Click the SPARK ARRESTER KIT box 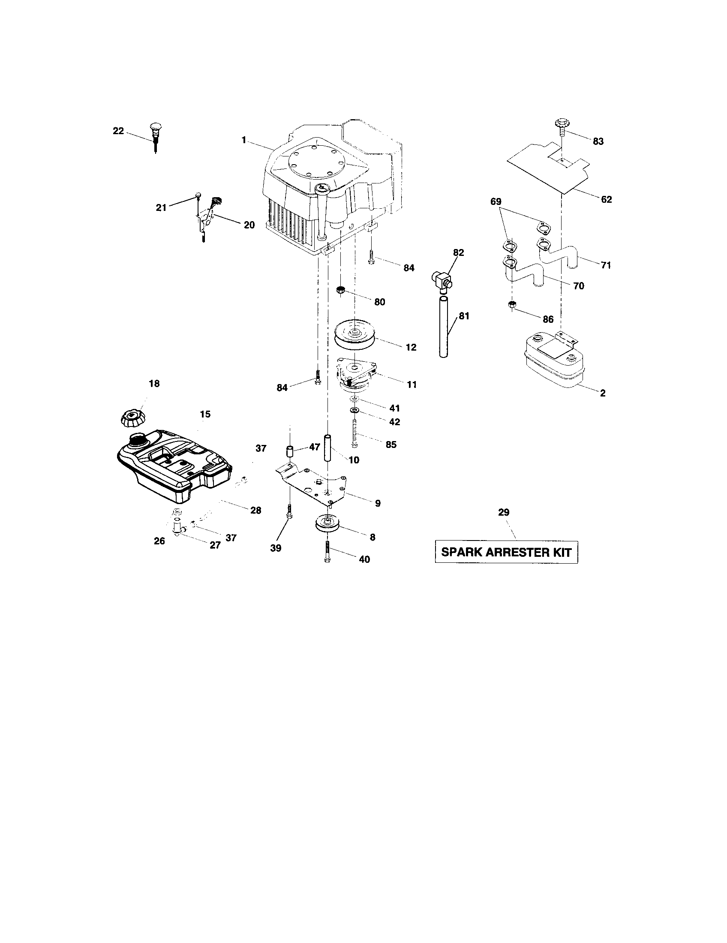click(506, 552)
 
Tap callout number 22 click(118, 131)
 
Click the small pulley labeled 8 click(327, 525)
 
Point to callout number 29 click(503, 512)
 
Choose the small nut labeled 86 click(511, 305)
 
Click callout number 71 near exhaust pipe click(606, 265)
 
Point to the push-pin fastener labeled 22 click(154, 133)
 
